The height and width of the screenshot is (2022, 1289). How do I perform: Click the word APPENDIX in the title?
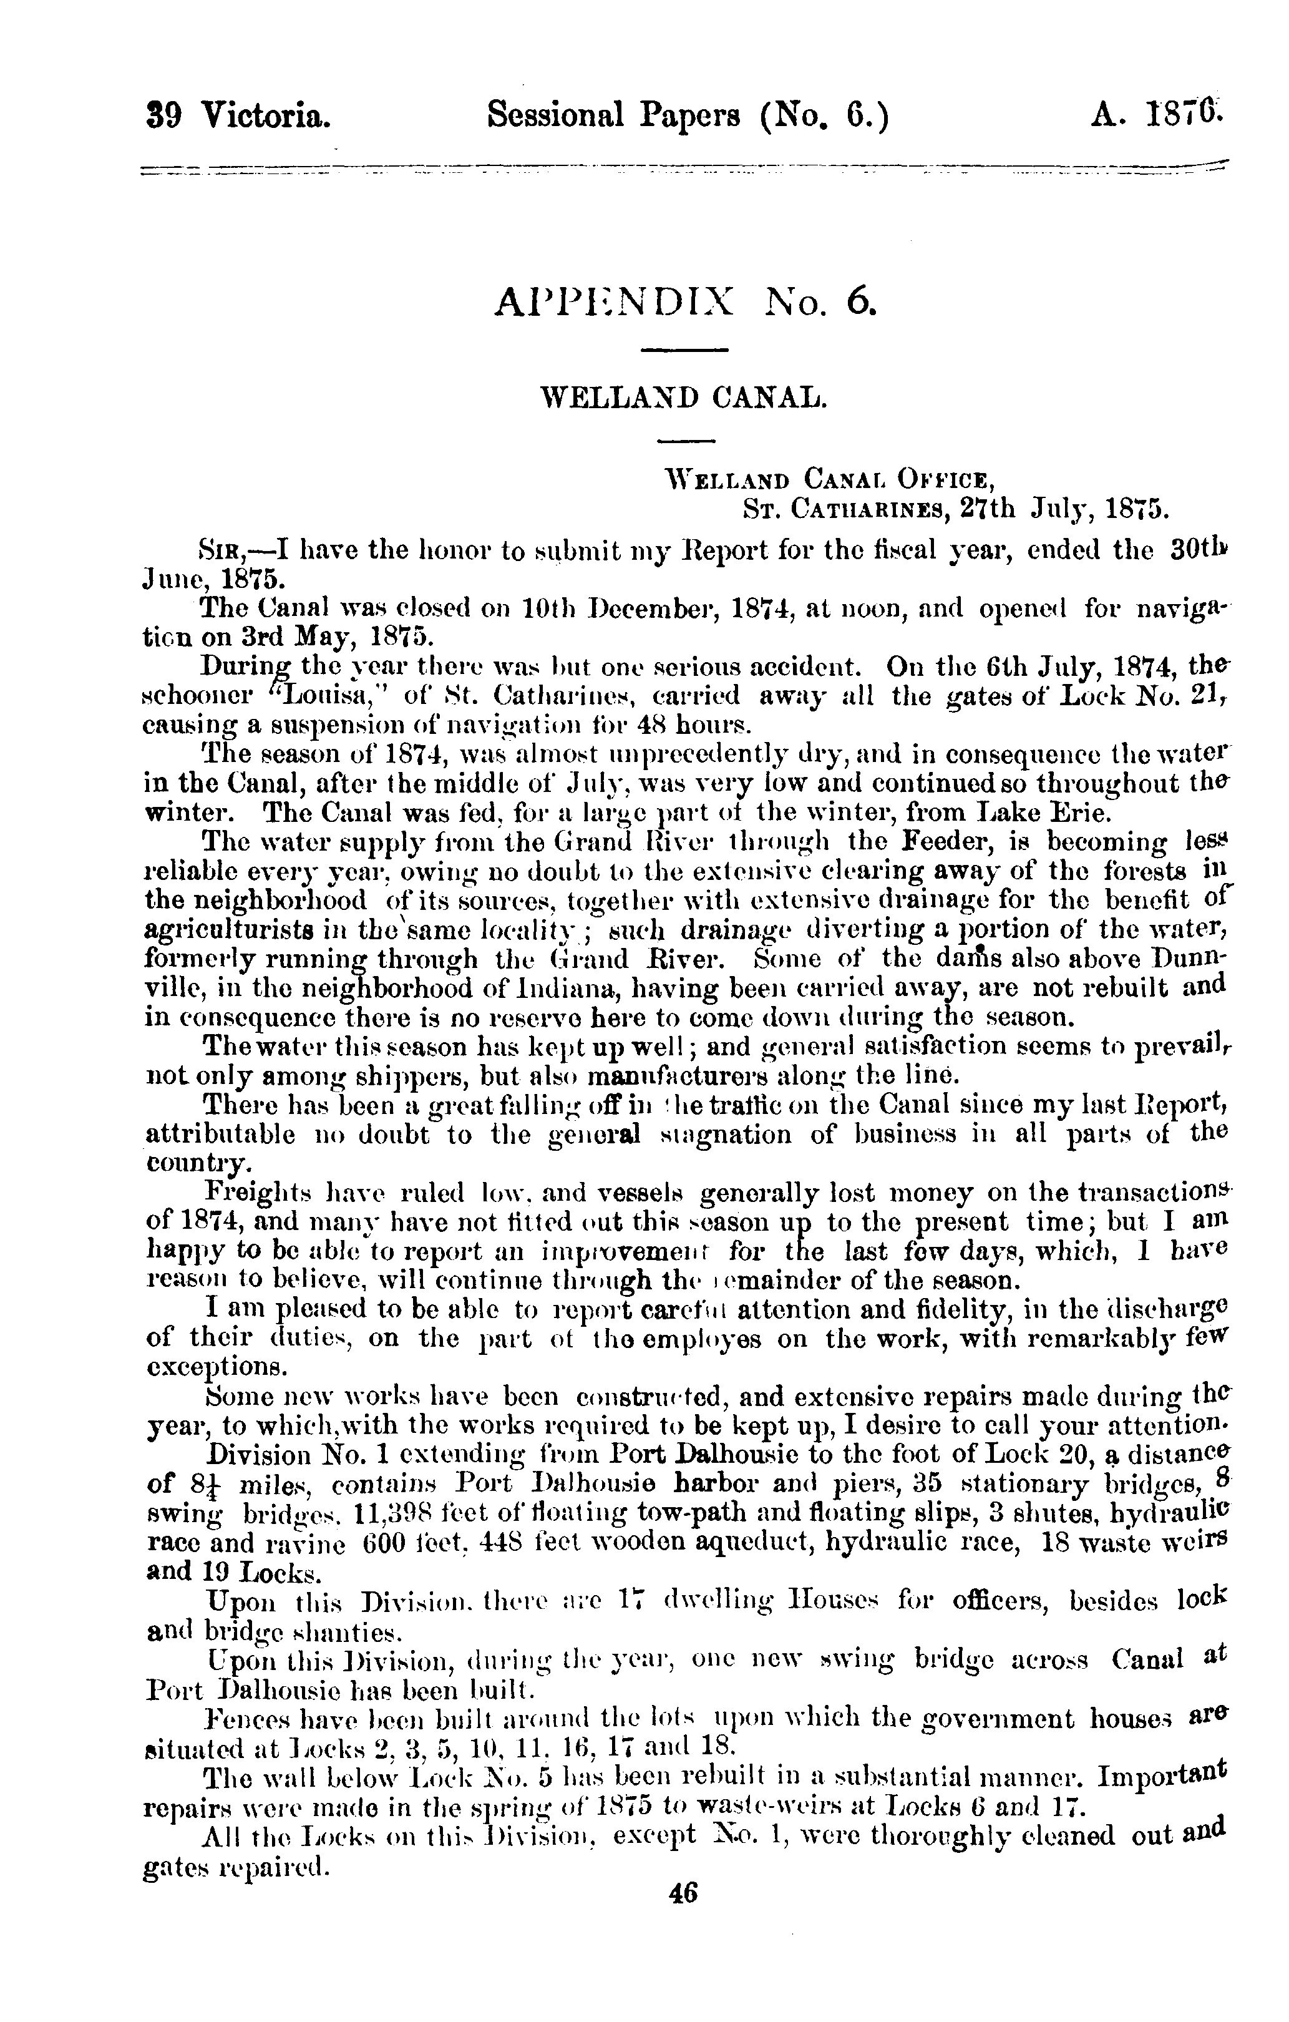click(616, 300)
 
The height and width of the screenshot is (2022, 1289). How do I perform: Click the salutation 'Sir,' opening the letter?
click(221, 551)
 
